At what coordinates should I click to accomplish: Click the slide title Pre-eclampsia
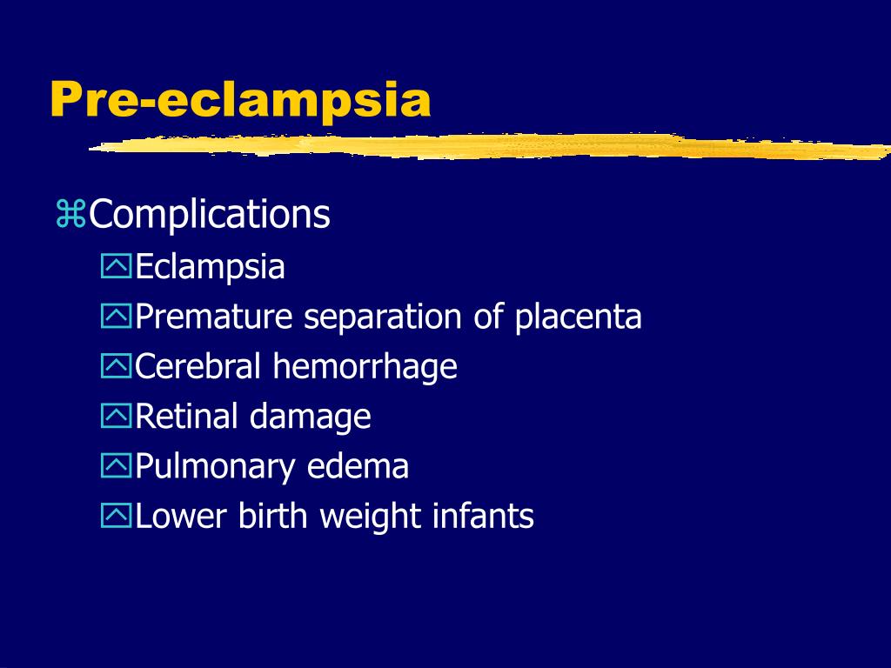click(x=240, y=100)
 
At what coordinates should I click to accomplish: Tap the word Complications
click(x=210, y=215)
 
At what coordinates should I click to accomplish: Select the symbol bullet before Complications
click(x=70, y=215)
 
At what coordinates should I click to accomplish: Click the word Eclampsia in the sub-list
click(x=210, y=266)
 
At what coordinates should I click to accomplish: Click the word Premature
click(x=215, y=317)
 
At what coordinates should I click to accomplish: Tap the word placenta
click(x=578, y=317)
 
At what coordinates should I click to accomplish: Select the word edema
click(x=358, y=467)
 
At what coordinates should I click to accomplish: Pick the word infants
click(x=483, y=517)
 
